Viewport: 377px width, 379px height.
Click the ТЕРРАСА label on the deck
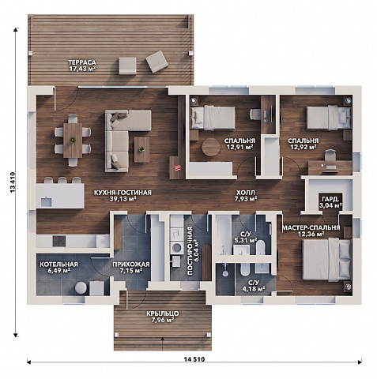(82, 62)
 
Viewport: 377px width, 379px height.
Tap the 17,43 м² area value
(82, 69)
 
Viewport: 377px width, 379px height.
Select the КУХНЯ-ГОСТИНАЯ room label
(123, 193)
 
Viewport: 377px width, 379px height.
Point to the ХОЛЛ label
(246, 193)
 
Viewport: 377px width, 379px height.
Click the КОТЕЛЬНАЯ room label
(59, 265)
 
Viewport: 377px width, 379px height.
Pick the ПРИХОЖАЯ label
(131, 265)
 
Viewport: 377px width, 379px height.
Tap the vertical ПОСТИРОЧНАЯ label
(190, 251)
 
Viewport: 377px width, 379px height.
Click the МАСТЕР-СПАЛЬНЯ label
(311, 227)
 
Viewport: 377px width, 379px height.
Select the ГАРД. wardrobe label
(330, 199)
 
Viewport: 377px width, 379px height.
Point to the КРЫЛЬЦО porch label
(163, 313)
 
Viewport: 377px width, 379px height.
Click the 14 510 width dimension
(194, 359)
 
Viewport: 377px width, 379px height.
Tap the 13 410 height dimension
(13, 182)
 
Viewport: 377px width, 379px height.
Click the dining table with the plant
(73, 141)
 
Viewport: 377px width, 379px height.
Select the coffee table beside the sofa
(141, 149)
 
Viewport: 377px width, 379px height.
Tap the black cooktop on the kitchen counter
(59, 241)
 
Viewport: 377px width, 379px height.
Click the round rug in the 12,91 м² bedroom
(211, 147)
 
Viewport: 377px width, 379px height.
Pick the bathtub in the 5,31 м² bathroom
(224, 235)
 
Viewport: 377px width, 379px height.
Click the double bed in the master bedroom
(327, 260)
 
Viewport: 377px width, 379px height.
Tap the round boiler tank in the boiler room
(81, 287)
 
